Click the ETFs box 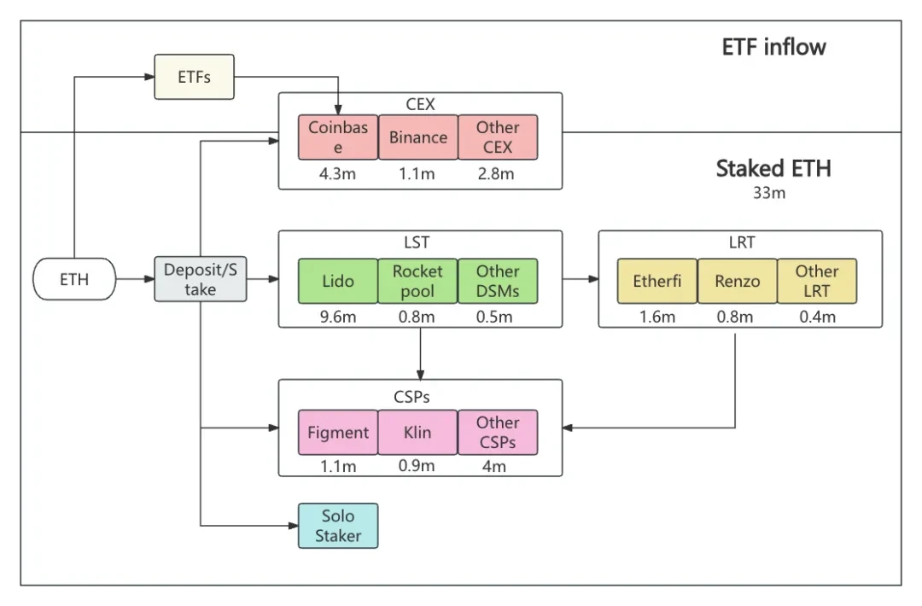coord(194,77)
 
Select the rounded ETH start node coord(74,279)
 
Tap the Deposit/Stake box coord(201,279)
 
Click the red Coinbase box coord(338,137)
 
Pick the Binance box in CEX coord(418,137)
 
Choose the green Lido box coord(338,281)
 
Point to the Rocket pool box coord(418,281)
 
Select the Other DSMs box coord(498,281)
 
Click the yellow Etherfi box coord(657,281)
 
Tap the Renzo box coord(737,281)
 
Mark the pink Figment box coord(338,432)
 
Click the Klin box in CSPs coord(418,432)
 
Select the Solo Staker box coord(338,526)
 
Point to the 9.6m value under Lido coord(338,318)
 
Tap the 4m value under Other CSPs coord(493,466)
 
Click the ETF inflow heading coord(773,47)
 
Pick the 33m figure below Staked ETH coord(768,194)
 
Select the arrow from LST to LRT coord(581,278)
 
